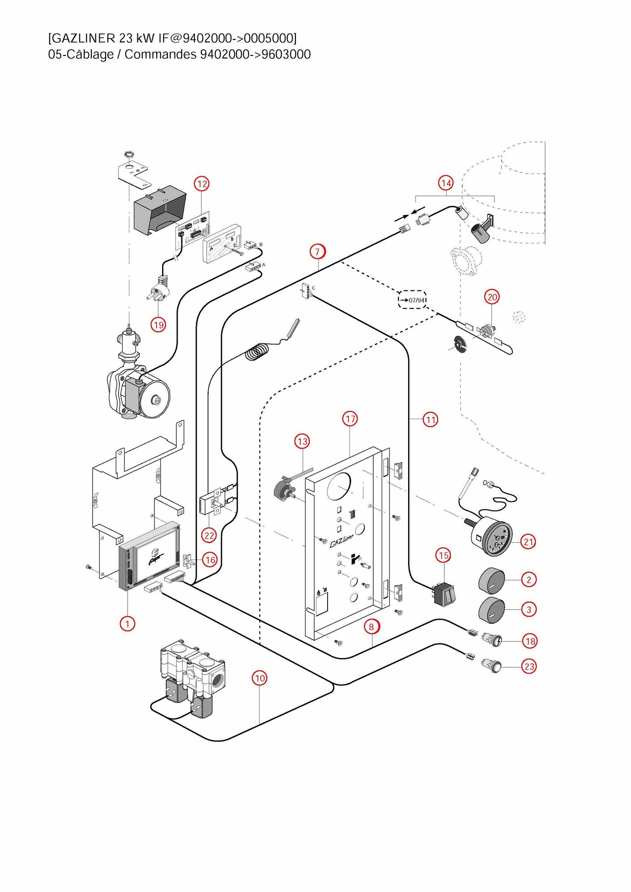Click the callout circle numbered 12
(x=202, y=183)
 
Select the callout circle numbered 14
(x=446, y=183)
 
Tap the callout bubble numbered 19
(x=158, y=324)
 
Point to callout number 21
(x=529, y=542)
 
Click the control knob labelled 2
(x=491, y=581)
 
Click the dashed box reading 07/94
(x=412, y=300)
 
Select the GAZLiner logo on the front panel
(x=341, y=540)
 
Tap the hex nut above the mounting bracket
(x=129, y=153)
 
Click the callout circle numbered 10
(x=260, y=678)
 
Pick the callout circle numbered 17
(x=350, y=419)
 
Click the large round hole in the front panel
(x=339, y=486)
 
